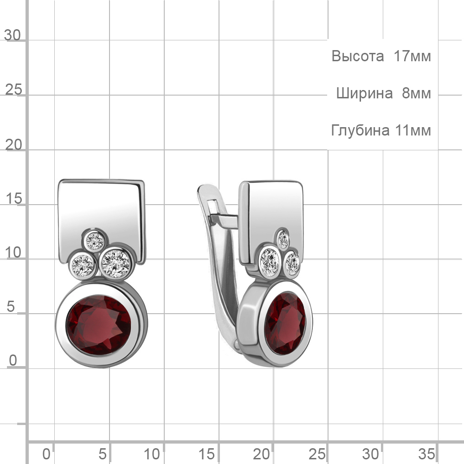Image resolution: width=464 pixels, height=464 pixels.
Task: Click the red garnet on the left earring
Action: (98, 325)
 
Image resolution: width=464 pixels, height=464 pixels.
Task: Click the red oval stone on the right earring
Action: (285, 323)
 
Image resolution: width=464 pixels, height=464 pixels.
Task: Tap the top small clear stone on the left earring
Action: (95, 241)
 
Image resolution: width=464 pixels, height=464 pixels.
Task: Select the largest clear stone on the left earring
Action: (116, 264)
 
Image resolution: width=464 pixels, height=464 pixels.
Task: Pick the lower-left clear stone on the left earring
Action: (83, 265)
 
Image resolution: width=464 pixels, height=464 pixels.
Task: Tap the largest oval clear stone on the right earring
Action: (270, 262)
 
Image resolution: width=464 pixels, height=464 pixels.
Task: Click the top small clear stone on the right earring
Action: (283, 239)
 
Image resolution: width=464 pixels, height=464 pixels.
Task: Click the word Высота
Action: (357, 56)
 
